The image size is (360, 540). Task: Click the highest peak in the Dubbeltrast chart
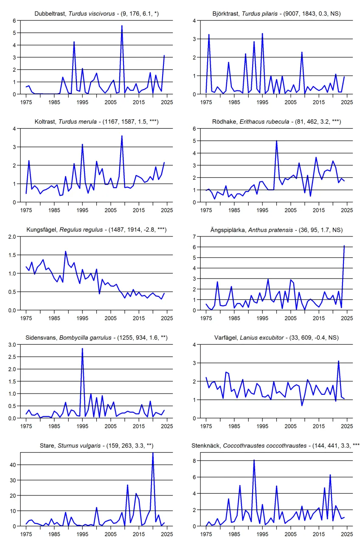pos(122,26)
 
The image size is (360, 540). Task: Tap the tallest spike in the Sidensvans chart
pos(82,349)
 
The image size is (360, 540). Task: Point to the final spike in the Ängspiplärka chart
pos(344,246)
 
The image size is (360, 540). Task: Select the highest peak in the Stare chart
pos(153,453)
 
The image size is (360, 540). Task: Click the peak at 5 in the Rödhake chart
pos(276,141)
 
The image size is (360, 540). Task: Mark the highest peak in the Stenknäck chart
pos(254,460)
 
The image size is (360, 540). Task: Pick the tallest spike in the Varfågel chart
pos(338,361)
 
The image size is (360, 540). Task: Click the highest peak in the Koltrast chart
pos(122,136)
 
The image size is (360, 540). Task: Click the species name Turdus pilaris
pos(260,14)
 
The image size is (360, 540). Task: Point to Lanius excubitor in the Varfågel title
pos(262,338)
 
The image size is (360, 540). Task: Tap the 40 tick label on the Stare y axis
pos(13,465)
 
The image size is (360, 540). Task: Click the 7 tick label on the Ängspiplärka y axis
pos(194,236)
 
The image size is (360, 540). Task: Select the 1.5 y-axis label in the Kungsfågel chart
pos(12,255)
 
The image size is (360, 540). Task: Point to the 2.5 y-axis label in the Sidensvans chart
pos(12,357)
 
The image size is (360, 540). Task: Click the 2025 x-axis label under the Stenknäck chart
pos(347,534)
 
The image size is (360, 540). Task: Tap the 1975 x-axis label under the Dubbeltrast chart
pos(26,102)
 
